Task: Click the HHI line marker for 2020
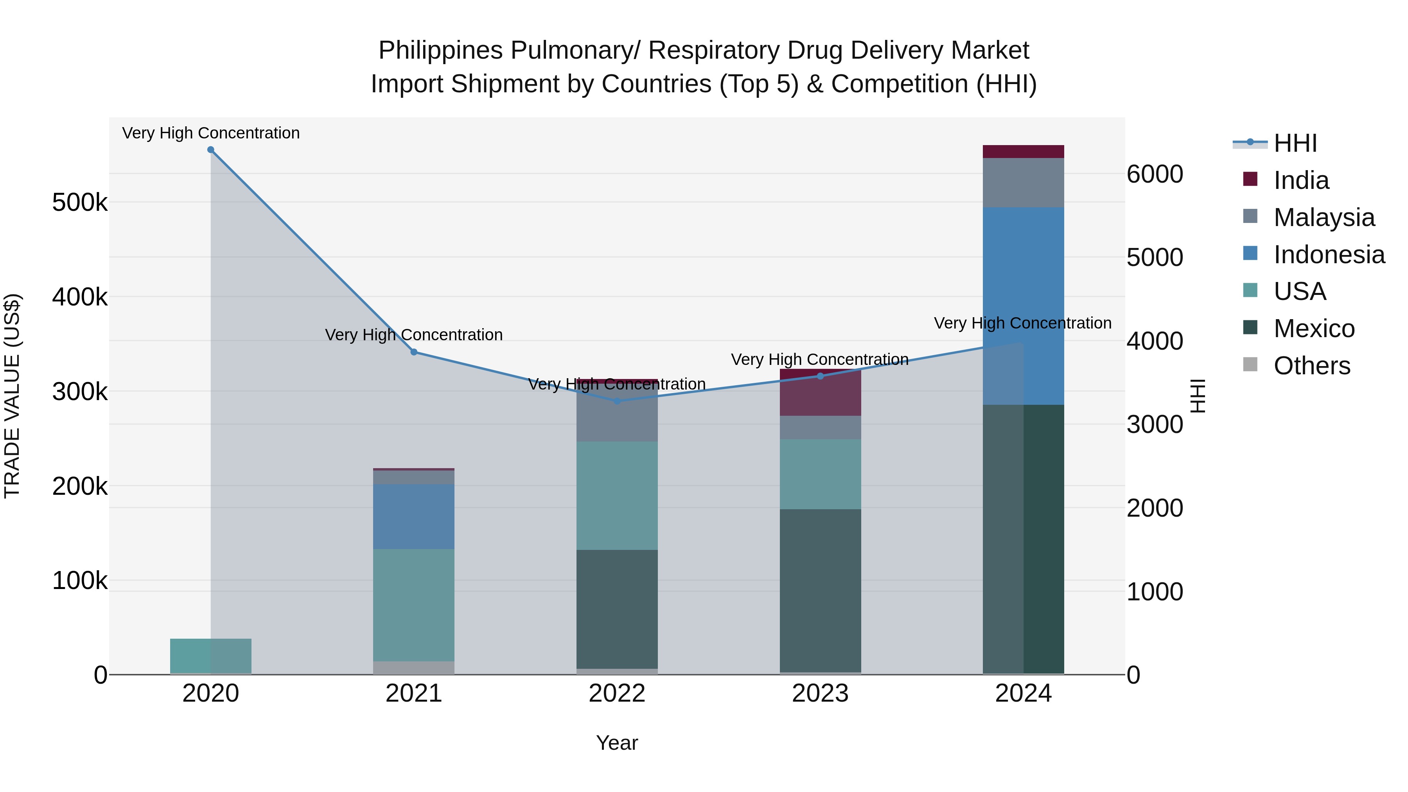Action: [210, 150]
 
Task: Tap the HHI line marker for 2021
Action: [414, 352]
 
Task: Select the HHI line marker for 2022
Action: [617, 401]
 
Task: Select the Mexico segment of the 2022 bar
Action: [617, 609]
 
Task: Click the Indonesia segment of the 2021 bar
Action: [414, 517]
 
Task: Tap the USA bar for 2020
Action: [210, 656]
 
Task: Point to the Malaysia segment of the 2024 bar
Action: [1023, 183]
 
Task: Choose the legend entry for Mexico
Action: [1313, 329]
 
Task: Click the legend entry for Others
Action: [1311, 366]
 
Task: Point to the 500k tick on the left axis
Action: [80, 203]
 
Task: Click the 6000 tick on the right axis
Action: [1155, 174]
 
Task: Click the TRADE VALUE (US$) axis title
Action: [12, 396]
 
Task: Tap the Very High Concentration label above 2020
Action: [210, 133]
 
